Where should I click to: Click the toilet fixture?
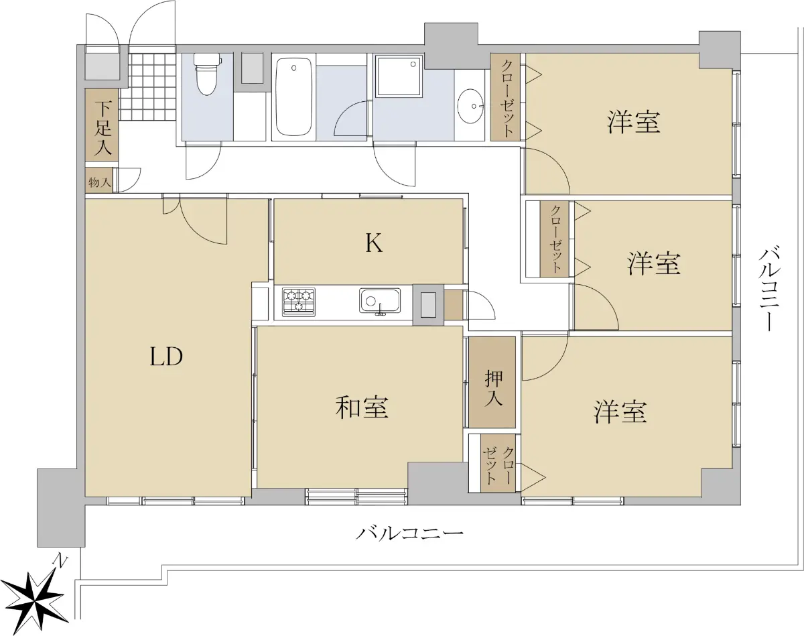[206, 74]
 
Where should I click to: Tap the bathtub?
[294, 98]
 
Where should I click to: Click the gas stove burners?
[299, 302]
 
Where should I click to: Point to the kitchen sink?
[380, 300]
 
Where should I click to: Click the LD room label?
[166, 356]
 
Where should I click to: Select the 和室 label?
[361, 407]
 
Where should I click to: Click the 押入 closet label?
[493, 388]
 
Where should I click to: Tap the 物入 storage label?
[99, 183]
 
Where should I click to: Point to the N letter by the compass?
[60, 561]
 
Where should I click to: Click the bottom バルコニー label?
[409, 534]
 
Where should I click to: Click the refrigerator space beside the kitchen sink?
[429, 304]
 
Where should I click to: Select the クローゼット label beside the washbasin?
[508, 98]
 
